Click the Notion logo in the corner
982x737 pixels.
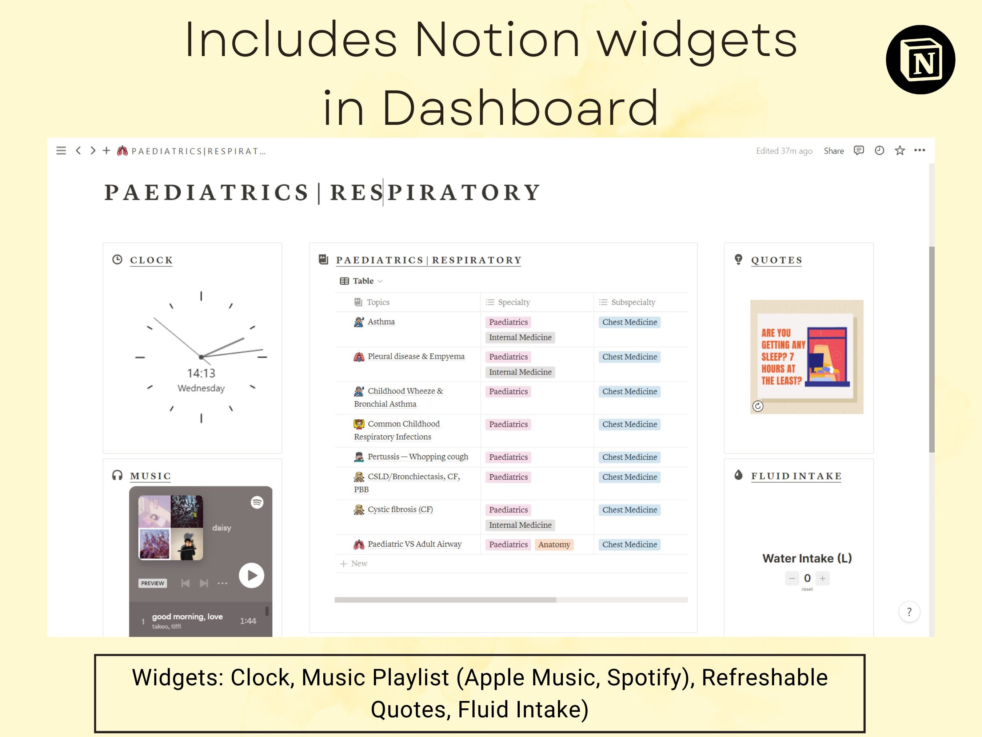[920, 60]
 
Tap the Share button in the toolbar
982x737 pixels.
[833, 151]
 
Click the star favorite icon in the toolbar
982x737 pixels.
[899, 151]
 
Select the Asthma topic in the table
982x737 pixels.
[380, 322]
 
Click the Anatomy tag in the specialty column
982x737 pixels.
[554, 544]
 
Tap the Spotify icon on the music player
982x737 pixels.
[257, 503]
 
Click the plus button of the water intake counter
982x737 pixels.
[822, 578]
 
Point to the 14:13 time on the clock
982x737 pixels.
[201, 373]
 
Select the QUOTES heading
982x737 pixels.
[777, 260]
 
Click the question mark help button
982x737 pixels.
[909, 612]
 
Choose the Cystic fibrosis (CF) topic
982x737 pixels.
[400, 510]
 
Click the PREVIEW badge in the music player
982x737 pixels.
[152, 583]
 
